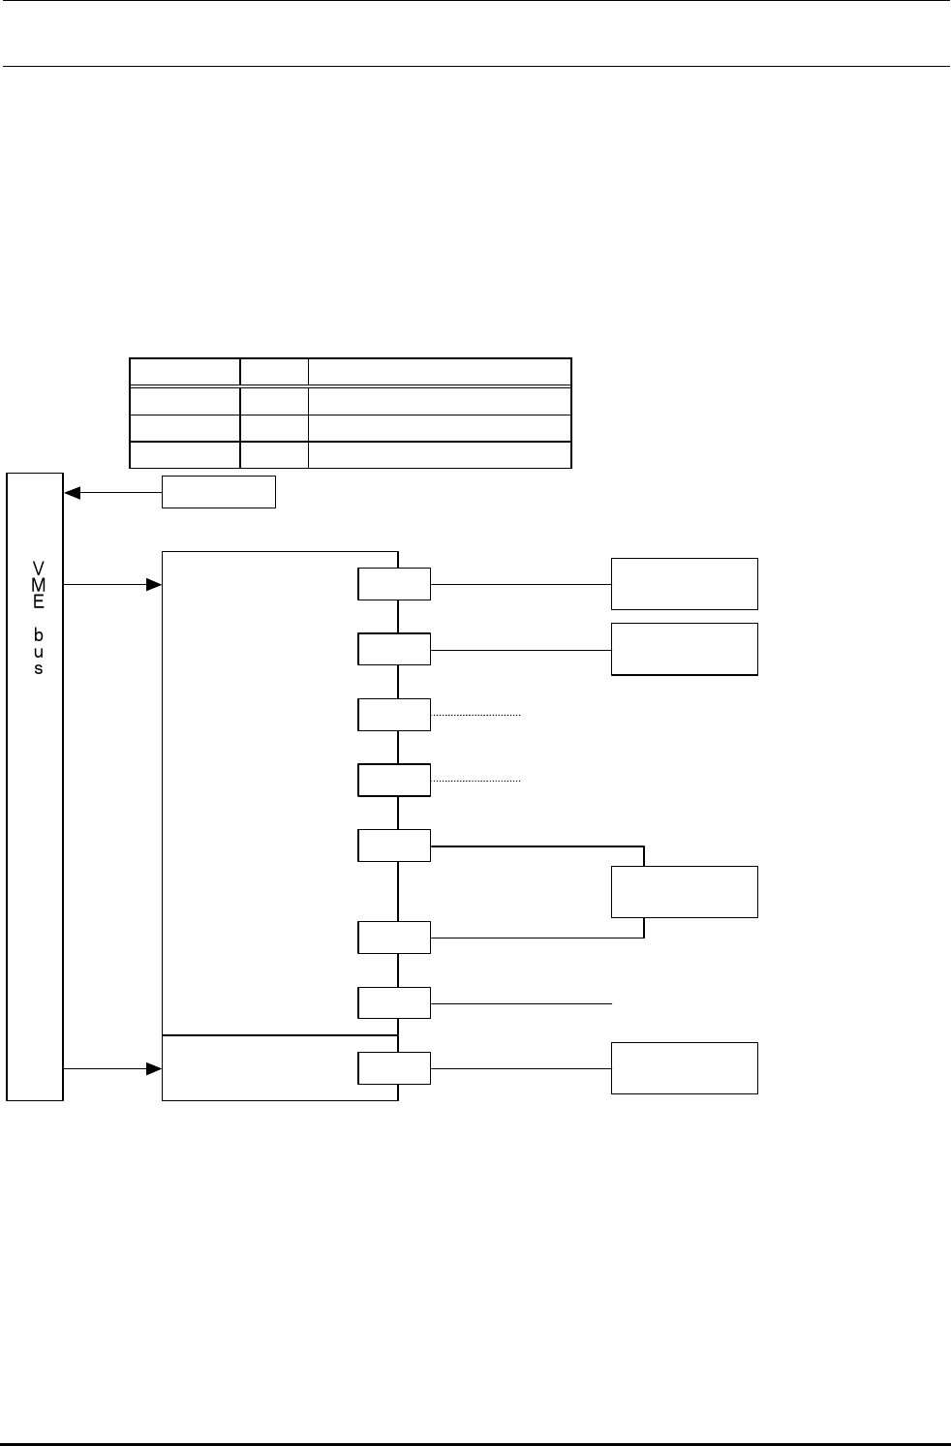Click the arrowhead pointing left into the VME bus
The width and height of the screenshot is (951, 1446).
[x=72, y=492]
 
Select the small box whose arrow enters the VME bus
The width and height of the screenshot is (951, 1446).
[x=219, y=492]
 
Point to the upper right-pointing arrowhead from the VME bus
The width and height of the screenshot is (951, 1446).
[x=153, y=585]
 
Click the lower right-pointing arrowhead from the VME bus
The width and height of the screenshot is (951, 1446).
[x=153, y=1068]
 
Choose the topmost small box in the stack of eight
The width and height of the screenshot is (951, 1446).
[x=394, y=584]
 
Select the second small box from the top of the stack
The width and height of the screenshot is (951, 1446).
[x=394, y=649]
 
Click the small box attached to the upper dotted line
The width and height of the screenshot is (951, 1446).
[x=394, y=715]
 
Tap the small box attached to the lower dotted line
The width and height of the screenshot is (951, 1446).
[x=394, y=780]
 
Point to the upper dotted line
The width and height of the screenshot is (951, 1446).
[x=476, y=715]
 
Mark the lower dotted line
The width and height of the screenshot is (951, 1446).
[x=476, y=780]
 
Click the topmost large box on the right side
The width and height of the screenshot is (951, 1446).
[x=684, y=583]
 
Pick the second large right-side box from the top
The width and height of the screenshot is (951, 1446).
[x=684, y=648]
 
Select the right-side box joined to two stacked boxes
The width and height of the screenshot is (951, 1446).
[x=684, y=891]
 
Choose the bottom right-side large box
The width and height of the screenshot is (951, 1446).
[x=684, y=1068]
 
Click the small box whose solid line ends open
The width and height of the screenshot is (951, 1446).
[x=394, y=1002]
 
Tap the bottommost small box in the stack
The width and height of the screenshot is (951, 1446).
[x=394, y=1068]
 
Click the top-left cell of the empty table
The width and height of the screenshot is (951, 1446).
[x=185, y=373]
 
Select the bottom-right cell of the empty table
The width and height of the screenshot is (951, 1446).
[x=439, y=455]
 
